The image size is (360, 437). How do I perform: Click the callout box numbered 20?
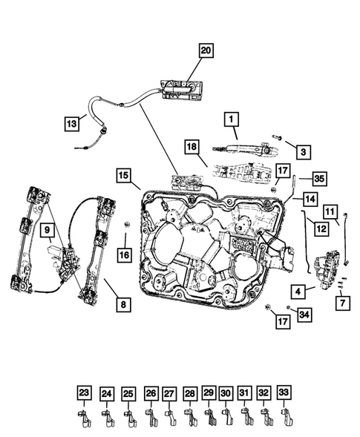(206, 50)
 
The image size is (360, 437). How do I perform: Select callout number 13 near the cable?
(71, 124)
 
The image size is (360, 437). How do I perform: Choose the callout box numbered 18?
(192, 148)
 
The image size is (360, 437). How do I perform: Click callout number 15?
(123, 175)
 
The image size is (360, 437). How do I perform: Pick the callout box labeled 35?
(318, 179)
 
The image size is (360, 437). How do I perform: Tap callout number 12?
(321, 229)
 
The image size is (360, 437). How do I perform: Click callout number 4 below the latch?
(297, 290)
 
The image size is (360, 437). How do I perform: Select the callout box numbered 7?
(341, 302)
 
